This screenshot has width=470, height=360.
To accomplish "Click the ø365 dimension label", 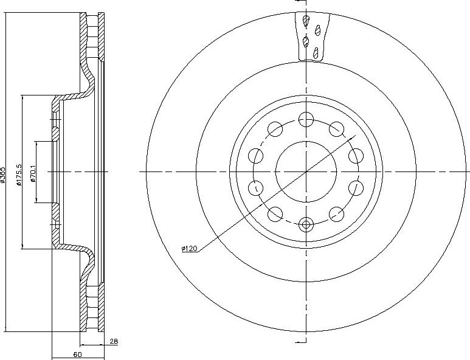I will click(4, 176).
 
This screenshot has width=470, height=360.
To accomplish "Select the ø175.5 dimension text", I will click(19, 174).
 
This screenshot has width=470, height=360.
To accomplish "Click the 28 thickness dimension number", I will click(114, 342).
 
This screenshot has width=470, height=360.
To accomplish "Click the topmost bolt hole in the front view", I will click(306, 119).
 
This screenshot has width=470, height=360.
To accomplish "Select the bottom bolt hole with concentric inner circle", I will click(306, 224).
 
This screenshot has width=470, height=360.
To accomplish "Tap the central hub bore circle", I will click(306, 171).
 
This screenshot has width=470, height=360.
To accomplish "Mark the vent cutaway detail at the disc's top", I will click(311, 36).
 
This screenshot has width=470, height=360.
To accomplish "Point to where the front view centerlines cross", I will click(306, 171).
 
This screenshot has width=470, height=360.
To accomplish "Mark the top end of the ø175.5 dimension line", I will click(22, 95).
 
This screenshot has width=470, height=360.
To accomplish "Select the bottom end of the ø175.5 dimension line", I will click(22, 249).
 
